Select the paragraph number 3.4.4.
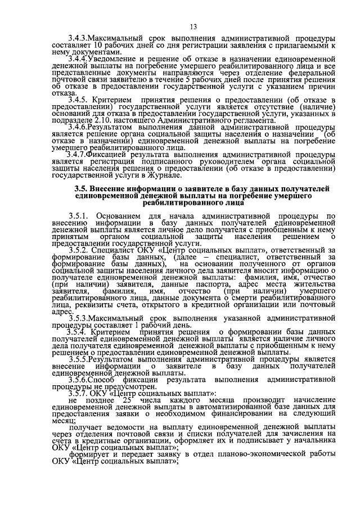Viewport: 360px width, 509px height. (78, 58)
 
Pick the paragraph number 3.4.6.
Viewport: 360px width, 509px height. (78, 129)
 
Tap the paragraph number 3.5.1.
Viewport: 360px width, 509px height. (79, 216)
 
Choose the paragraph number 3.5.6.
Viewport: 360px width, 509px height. (79, 381)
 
